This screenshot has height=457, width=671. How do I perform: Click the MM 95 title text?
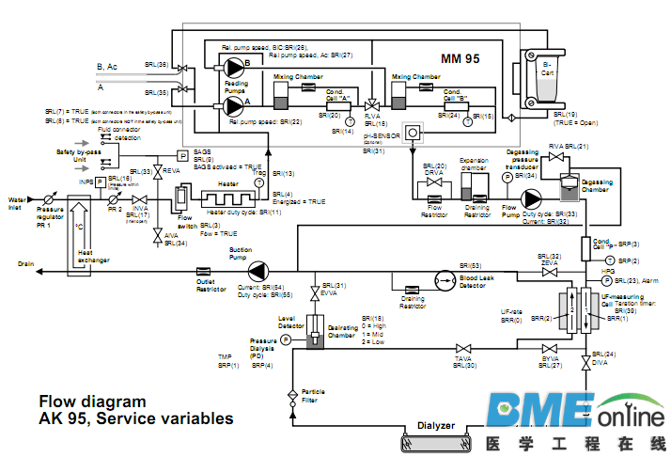click(460, 58)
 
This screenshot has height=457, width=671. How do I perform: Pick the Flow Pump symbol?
click(533, 199)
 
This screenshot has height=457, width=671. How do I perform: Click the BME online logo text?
click(575, 413)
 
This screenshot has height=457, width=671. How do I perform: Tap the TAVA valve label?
click(462, 358)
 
